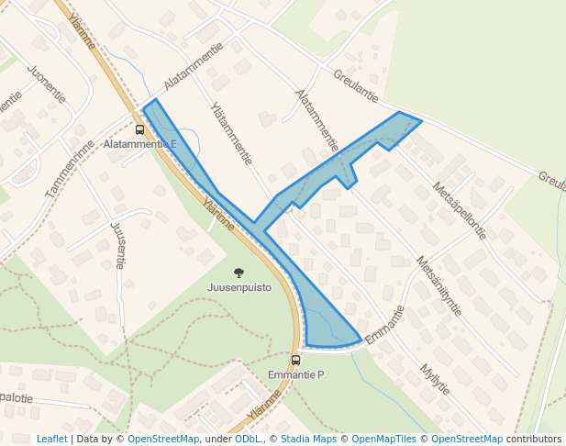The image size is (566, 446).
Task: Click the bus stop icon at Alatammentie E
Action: pyautogui.click(x=139, y=129)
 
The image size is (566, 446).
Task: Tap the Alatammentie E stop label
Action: pyautogui.click(x=140, y=145)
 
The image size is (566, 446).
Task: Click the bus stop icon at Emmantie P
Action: pyautogui.click(x=295, y=360)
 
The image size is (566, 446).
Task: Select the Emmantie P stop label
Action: pyautogui.click(x=296, y=375)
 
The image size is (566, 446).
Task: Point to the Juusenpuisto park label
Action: pyautogui.click(x=239, y=287)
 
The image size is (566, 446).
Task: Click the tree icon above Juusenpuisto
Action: pyautogui.click(x=239, y=273)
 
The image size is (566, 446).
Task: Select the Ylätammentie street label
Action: pyautogui.click(x=231, y=133)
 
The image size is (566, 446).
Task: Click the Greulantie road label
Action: pyautogui.click(x=356, y=85)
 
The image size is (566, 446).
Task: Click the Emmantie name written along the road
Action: pyautogui.click(x=384, y=326)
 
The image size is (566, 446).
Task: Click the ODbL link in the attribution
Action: pyautogui.click(x=247, y=439)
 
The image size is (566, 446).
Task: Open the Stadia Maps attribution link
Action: pyautogui.click(x=308, y=439)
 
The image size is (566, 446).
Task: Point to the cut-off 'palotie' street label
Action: pyautogui.click(x=17, y=397)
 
